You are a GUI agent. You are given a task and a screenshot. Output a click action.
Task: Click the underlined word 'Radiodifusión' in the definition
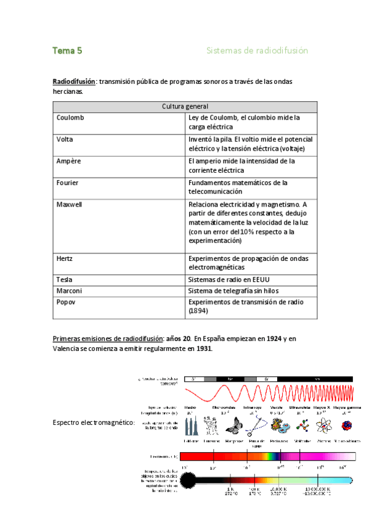click(x=74, y=81)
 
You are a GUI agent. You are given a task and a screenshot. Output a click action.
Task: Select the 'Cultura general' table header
click(x=185, y=106)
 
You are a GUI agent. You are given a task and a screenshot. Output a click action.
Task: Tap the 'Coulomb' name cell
click(x=70, y=117)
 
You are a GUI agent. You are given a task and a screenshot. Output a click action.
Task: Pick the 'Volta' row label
click(x=65, y=139)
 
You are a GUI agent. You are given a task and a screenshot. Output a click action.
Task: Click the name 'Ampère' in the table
click(x=68, y=161)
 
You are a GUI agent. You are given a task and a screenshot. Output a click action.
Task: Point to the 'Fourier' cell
click(x=67, y=183)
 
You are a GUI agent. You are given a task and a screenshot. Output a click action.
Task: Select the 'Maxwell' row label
click(x=69, y=204)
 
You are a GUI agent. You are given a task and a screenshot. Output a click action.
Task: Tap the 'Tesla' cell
click(x=65, y=279)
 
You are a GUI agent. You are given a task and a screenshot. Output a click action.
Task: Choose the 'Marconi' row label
click(x=69, y=290)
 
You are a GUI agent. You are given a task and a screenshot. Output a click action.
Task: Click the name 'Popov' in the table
click(x=66, y=302)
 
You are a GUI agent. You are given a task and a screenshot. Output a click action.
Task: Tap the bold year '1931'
click(x=202, y=348)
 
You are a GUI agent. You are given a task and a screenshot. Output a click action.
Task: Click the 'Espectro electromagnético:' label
click(x=94, y=422)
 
